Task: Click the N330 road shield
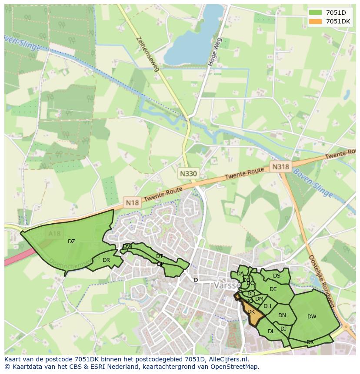(188, 174)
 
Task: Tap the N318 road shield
(280, 167)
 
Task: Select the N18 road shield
(132, 202)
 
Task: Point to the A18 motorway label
(55, 234)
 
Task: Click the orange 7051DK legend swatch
(316, 21)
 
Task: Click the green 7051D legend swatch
(316, 13)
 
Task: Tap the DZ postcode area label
(71, 242)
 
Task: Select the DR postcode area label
(106, 260)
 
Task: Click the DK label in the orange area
(251, 312)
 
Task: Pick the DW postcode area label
(312, 317)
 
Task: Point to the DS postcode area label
(277, 276)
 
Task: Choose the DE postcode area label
(273, 289)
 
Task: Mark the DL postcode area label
(271, 331)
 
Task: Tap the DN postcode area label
(282, 315)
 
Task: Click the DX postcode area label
(310, 342)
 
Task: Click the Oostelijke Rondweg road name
(320, 281)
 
